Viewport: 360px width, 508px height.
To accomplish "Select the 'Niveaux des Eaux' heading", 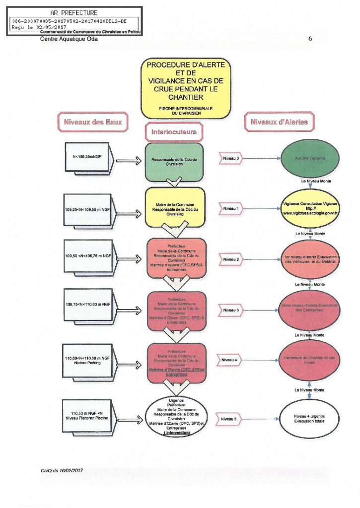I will pos(92,122).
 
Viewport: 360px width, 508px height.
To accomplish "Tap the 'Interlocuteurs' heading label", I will pos(174,132).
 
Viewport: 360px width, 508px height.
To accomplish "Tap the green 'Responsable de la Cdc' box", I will pos(174,162).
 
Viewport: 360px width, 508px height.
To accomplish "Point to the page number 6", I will pos(310,38).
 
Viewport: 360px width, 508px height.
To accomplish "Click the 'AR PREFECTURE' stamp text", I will pos(74,12).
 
